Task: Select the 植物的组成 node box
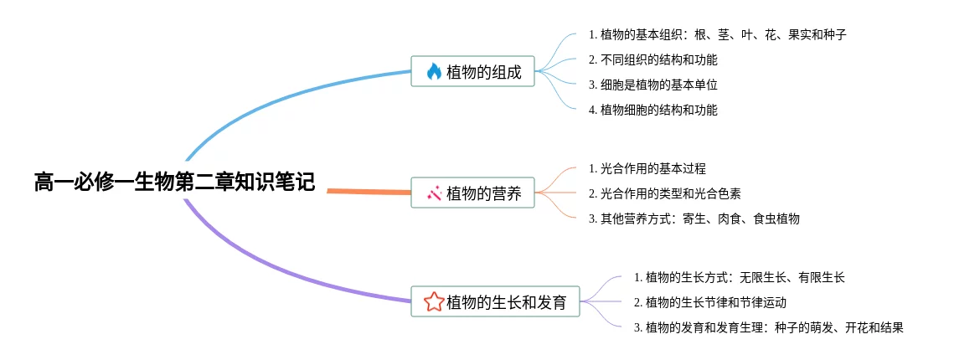point(472,71)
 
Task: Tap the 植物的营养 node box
point(472,193)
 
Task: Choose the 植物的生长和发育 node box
point(495,301)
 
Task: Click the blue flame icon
point(434,71)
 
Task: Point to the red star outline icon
point(434,301)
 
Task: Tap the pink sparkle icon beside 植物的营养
point(434,193)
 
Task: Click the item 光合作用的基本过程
point(647,167)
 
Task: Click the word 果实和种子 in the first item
point(817,34)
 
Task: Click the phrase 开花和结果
point(874,328)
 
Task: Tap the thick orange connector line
point(369,192)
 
